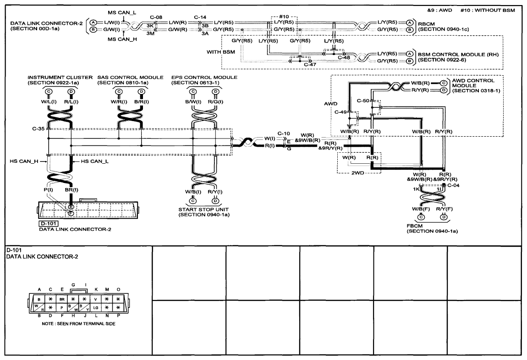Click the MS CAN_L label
pos(122,13)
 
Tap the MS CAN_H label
pos(122,39)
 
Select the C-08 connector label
pos(156,17)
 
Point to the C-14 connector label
pos(200,17)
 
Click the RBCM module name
pos(427,24)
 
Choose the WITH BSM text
pos(221,52)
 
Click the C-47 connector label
pos(310,65)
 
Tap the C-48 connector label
pos(344,57)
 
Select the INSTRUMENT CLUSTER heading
pos(60,78)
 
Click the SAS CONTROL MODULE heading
pos(131,78)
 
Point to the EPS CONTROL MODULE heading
pos(204,78)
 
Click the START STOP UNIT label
pos(203,209)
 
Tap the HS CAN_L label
pos(95,161)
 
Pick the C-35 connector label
pos(38,128)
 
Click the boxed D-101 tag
pos(49,224)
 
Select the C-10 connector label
pos(284,133)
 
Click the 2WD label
pos(357,173)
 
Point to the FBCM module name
pos(414,226)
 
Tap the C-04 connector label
pos(453,185)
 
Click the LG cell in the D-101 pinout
pos(96,308)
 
